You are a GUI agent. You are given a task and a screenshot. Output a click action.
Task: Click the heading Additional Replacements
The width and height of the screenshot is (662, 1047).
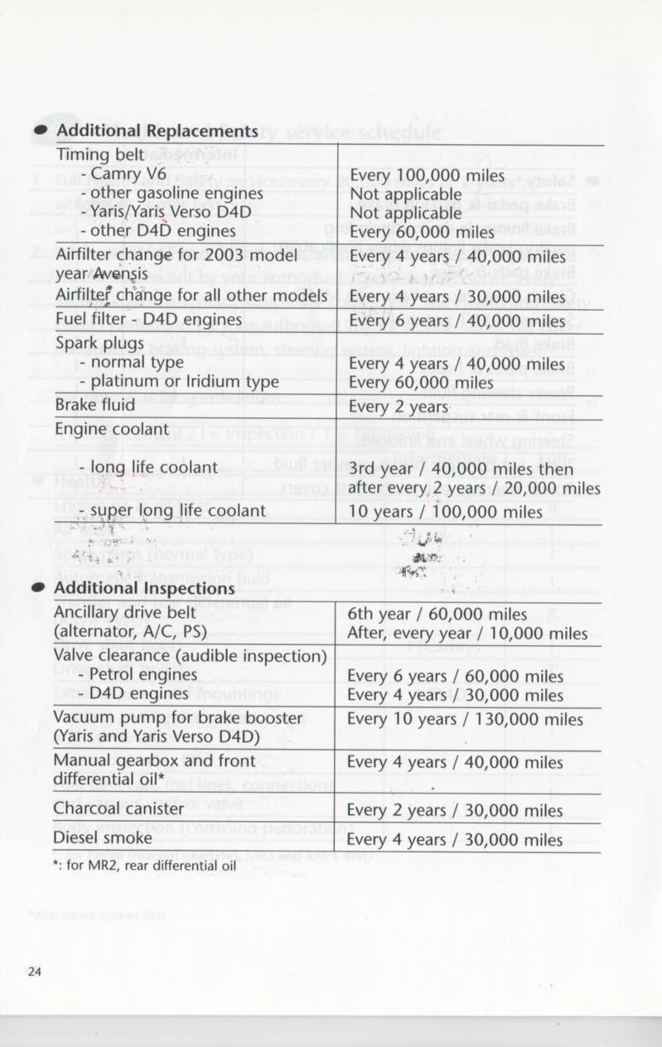(157, 132)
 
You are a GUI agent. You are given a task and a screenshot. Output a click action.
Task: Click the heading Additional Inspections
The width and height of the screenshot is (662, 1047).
(144, 588)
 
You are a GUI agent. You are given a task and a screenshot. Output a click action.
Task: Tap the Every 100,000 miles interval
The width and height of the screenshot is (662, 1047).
(428, 176)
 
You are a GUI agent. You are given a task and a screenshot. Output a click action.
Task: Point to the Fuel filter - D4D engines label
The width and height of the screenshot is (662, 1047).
(149, 318)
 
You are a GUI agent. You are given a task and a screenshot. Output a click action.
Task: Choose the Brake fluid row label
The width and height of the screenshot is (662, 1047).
(96, 405)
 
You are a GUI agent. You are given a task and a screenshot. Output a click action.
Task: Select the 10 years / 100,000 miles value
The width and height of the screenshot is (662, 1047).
(446, 512)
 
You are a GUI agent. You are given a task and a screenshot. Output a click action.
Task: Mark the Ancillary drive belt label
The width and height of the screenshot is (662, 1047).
(127, 613)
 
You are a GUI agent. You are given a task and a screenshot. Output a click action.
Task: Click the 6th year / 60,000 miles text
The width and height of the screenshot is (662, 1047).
(437, 614)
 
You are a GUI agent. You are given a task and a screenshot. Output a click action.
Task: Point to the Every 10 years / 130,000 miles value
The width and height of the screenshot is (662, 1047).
(465, 719)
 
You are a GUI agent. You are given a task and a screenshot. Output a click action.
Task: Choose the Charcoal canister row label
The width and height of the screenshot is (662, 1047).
(118, 808)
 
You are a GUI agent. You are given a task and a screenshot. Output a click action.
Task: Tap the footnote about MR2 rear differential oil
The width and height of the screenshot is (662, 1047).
(145, 866)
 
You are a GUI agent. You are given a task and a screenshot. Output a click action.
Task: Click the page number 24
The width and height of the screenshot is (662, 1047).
(35, 972)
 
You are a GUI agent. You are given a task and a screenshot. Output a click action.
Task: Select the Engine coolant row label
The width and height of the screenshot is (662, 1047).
(112, 429)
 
